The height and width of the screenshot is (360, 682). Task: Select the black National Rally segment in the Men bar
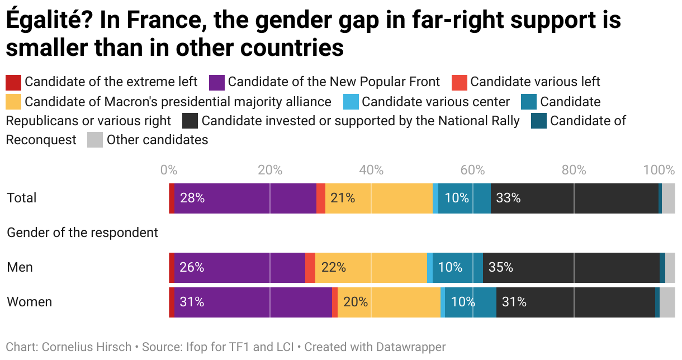click(x=570, y=268)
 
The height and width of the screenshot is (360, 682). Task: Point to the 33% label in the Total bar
click(x=508, y=198)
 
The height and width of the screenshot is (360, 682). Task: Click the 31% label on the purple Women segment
click(x=192, y=302)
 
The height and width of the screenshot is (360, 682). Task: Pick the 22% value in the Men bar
click(x=334, y=268)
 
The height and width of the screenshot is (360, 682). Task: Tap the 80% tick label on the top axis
click(x=574, y=170)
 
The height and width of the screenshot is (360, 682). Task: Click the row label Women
click(x=29, y=302)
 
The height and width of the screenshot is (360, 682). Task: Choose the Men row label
click(x=20, y=268)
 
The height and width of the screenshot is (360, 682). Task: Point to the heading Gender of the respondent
click(x=82, y=233)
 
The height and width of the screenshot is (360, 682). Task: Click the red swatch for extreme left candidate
click(x=13, y=83)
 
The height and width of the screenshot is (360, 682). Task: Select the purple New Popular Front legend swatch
click(x=217, y=83)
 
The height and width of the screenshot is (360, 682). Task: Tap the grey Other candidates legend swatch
click(x=95, y=140)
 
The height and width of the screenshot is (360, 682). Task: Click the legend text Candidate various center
click(x=436, y=102)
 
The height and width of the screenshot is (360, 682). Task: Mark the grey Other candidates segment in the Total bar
click(x=668, y=198)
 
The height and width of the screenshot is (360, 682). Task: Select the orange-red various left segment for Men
click(x=310, y=268)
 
